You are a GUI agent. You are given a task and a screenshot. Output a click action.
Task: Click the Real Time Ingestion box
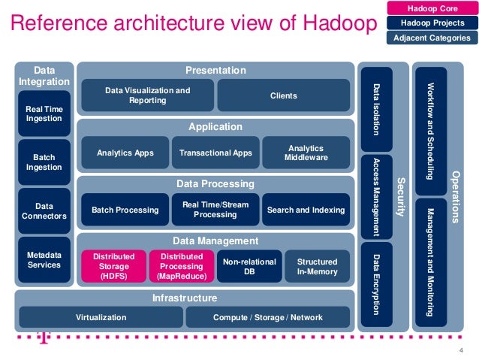click(x=44, y=113)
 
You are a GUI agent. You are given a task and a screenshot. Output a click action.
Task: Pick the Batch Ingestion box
click(x=44, y=162)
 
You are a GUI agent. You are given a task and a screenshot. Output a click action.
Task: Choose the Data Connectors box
click(x=44, y=210)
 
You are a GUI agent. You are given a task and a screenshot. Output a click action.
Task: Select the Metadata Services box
click(x=44, y=260)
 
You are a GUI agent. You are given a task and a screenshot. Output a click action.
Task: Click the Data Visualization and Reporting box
click(x=147, y=95)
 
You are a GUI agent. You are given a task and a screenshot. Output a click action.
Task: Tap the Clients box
click(x=284, y=95)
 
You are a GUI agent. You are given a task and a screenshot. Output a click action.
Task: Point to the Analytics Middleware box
click(x=306, y=153)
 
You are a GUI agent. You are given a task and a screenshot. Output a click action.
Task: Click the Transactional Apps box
click(x=215, y=153)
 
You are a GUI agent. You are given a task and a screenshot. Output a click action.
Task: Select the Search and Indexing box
click(x=306, y=210)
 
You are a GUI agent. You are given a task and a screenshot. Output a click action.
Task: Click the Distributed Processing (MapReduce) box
click(x=176, y=266)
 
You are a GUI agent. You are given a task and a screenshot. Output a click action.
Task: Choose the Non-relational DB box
click(x=249, y=266)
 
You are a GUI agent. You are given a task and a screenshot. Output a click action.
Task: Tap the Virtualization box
click(x=101, y=318)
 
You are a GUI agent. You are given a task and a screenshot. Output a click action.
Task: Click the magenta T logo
click(x=44, y=339)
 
